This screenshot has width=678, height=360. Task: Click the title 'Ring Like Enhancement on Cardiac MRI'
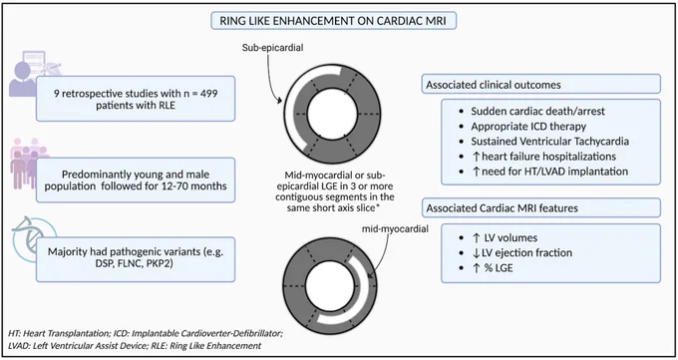click(333, 21)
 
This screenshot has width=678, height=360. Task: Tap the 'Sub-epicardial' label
click(272, 47)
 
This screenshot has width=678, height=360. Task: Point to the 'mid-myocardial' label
click(395, 228)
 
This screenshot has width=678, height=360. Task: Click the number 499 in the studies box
click(208, 93)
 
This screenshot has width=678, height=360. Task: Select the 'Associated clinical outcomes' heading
click(494, 85)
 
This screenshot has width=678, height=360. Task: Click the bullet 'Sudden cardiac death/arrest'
click(537, 112)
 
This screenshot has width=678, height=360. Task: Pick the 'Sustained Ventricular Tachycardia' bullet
click(550, 141)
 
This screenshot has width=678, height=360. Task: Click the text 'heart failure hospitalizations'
click(548, 156)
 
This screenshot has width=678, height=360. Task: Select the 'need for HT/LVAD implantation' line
click(554, 171)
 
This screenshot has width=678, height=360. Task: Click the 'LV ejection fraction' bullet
click(526, 252)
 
